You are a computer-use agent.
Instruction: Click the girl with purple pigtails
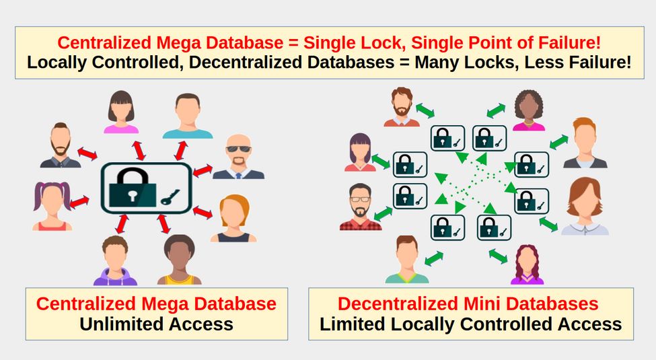52,206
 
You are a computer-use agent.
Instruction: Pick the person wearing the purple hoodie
115,261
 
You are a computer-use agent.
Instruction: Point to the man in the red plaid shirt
361,207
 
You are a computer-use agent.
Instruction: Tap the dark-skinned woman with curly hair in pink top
529,110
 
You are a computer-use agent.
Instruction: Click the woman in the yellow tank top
179,260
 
